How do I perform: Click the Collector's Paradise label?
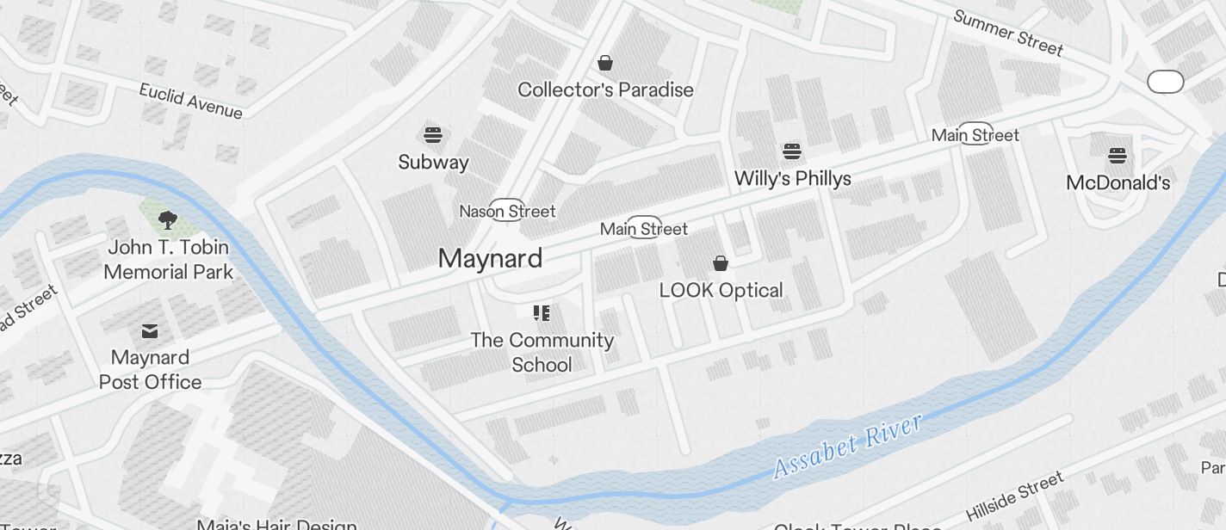point(605,89)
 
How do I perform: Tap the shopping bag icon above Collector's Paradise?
point(605,63)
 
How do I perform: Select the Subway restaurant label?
point(433,162)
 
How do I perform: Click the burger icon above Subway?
point(433,135)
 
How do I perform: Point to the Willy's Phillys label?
point(792,178)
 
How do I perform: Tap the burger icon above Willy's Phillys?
point(792,151)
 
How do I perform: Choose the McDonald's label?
point(1118,182)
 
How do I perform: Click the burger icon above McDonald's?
point(1118,156)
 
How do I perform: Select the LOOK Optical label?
point(721,290)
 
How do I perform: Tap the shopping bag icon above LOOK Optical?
point(721,263)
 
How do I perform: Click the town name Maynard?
point(490,258)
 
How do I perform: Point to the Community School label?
point(542,352)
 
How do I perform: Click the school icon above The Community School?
point(542,313)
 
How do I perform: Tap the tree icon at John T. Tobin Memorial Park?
point(168,220)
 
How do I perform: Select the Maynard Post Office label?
point(150,369)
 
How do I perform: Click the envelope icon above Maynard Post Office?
point(150,330)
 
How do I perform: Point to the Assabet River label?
point(848,445)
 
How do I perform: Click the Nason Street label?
point(507,211)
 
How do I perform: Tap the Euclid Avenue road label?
point(191,101)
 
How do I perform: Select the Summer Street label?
point(1008,33)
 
